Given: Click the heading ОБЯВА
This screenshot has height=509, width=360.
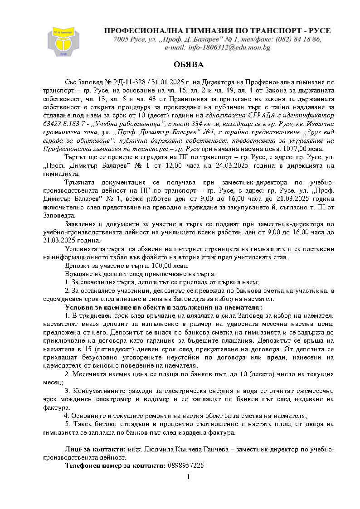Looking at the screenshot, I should coord(188,65).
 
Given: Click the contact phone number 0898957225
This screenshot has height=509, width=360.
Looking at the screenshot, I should coord(185,465).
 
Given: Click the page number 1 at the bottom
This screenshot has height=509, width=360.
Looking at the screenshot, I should coord(188,476).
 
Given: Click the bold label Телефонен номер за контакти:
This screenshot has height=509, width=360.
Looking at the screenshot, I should coord(115,465).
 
